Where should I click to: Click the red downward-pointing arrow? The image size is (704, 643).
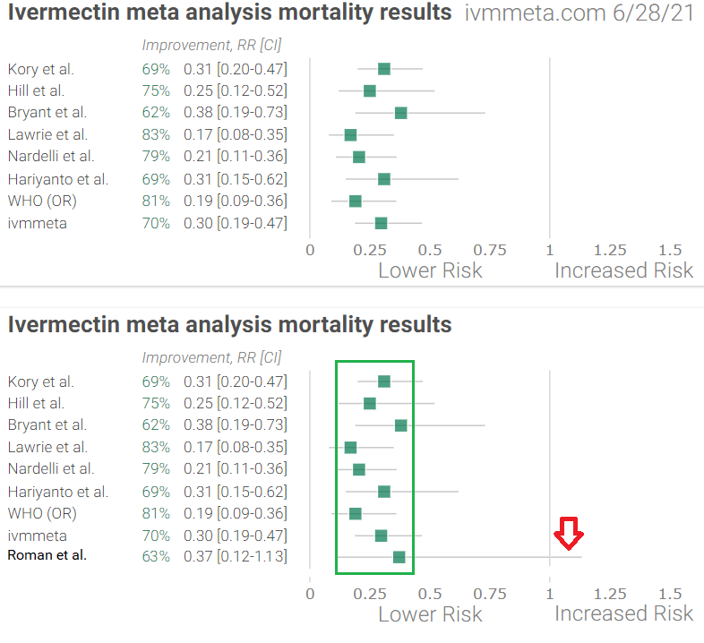(x=568, y=536)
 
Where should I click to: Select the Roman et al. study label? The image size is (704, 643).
(x=47, y=556)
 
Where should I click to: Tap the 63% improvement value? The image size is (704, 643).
(x=155, y=556)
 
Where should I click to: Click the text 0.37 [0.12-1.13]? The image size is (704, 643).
(x=235, y=556)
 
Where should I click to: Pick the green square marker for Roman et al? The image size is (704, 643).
(x=399, y=557)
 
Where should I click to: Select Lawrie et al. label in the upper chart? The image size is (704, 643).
(x=47, y=134)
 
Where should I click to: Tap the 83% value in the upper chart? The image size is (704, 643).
(x=155, y=134)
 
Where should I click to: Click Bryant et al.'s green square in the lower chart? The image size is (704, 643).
(x=400, y=424)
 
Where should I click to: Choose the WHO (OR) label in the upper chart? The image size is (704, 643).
(x=42, y=201)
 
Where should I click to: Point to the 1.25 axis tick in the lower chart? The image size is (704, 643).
(x=609, y=593)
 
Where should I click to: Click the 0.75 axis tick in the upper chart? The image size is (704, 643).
(x=489, y=250)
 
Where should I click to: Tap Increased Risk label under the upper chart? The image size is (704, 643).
(x=623, y=270)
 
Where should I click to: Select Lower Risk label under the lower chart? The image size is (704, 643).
(x=430, y=613)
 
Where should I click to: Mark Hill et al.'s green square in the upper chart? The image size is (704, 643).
(x=369, y=90)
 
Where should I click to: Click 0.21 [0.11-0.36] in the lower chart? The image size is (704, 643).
(x=235, y=468)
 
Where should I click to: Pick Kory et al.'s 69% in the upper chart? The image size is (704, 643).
(x=155, y=69)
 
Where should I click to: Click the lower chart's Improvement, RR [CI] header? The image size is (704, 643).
(x=211, y=357)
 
